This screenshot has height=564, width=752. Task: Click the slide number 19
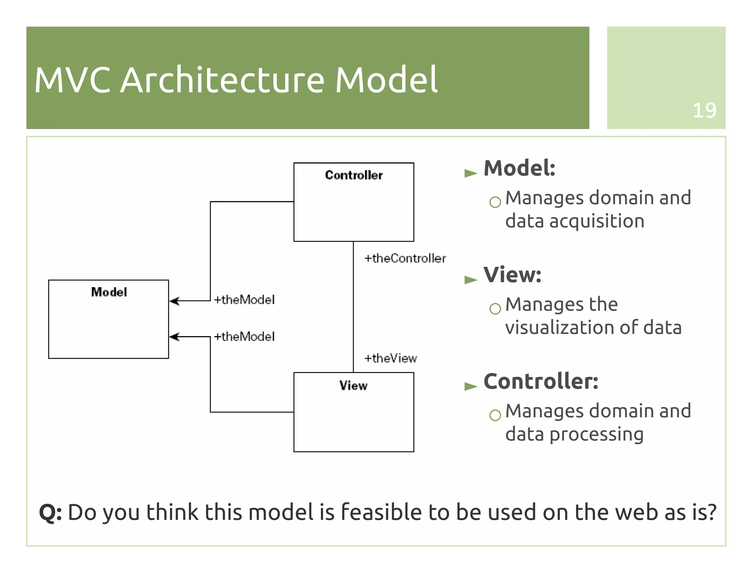[x=704, y=110]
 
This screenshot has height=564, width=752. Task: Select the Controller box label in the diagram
[x=354, y=175]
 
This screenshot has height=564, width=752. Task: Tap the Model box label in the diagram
[x=109, y=292]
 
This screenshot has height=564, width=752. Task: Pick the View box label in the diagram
[x=353, y=385]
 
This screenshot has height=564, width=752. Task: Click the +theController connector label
[x=405, y=258]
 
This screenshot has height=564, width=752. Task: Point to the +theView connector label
[x=390, y=358]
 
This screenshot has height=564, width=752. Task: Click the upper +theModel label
[x=244, y=300]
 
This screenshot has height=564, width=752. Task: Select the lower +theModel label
[x=244, y=337]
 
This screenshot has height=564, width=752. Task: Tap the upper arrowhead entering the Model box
[x=174, y=301]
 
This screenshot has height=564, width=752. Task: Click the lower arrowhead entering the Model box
[x=174, y=337]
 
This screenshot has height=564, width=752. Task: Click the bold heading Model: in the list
[x=519, y=168]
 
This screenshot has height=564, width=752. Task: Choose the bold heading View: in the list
[x=512, y=275]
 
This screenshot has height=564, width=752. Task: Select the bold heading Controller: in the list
[x=540, y=381]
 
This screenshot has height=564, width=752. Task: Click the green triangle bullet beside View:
[x=470, y=280]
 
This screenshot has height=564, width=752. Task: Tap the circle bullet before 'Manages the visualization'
[x=495, y=308]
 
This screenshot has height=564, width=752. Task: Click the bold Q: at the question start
[x=50, y=512]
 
